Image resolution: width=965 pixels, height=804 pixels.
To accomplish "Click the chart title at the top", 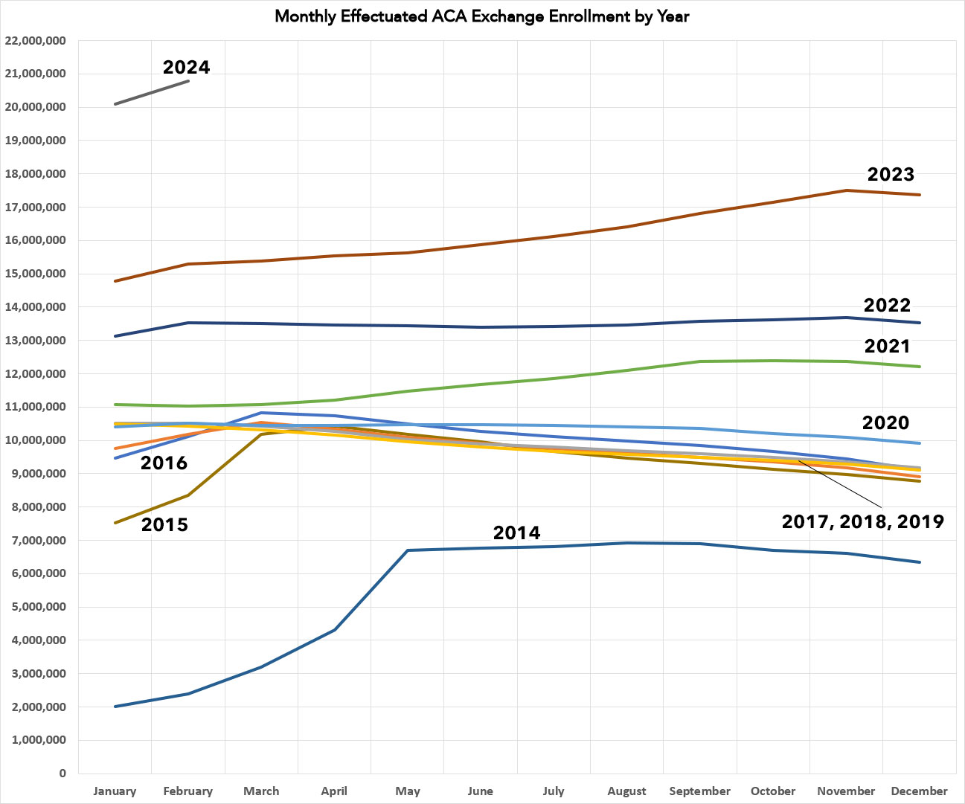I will click(x=482, y=16).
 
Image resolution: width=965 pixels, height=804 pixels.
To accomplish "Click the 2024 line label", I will click(x=186, y=67).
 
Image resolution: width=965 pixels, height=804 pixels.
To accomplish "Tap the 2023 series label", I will click(x=891, y=174).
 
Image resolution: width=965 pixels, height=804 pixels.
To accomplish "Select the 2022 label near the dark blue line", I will click(x=887, y=305).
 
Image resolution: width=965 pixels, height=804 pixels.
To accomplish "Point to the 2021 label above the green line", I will click(x=887, y=346).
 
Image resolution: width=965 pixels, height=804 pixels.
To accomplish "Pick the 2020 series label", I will click(x=885, y=422).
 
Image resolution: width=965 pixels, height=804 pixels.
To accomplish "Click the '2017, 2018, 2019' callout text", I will click(x=862, y=521).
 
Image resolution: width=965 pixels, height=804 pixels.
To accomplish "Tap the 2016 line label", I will click(x=164, y=463).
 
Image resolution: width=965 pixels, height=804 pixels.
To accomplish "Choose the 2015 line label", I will click(x=164, y=524).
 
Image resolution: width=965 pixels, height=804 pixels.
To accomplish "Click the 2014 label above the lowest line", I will click(x=516, y=533).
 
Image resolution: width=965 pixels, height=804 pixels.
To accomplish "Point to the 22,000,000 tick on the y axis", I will click(x=35, y=41).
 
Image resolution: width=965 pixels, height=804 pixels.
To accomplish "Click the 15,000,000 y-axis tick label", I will click(x=35, y=274).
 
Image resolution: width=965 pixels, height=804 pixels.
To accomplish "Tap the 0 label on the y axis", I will click(x=62, y=774).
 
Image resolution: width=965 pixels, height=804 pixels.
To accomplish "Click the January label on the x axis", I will click(x=115, y=791).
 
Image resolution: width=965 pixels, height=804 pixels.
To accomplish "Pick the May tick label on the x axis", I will click(x=408, y=791).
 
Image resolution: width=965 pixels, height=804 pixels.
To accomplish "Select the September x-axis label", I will click(x=699, y=791).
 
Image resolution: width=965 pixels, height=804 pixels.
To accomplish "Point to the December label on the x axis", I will click(x=919, y=791).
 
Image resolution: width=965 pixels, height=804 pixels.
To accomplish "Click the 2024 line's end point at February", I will click(x=188, y=80).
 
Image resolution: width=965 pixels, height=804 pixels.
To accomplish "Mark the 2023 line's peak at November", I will click(x=846, y=190).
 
